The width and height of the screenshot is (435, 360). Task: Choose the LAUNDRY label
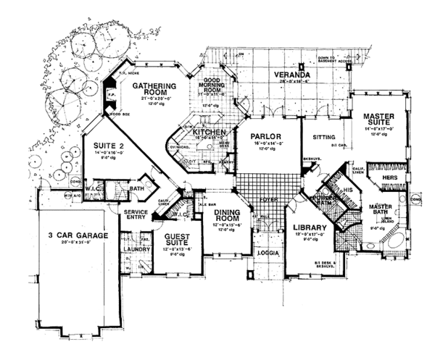pos(136,247)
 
